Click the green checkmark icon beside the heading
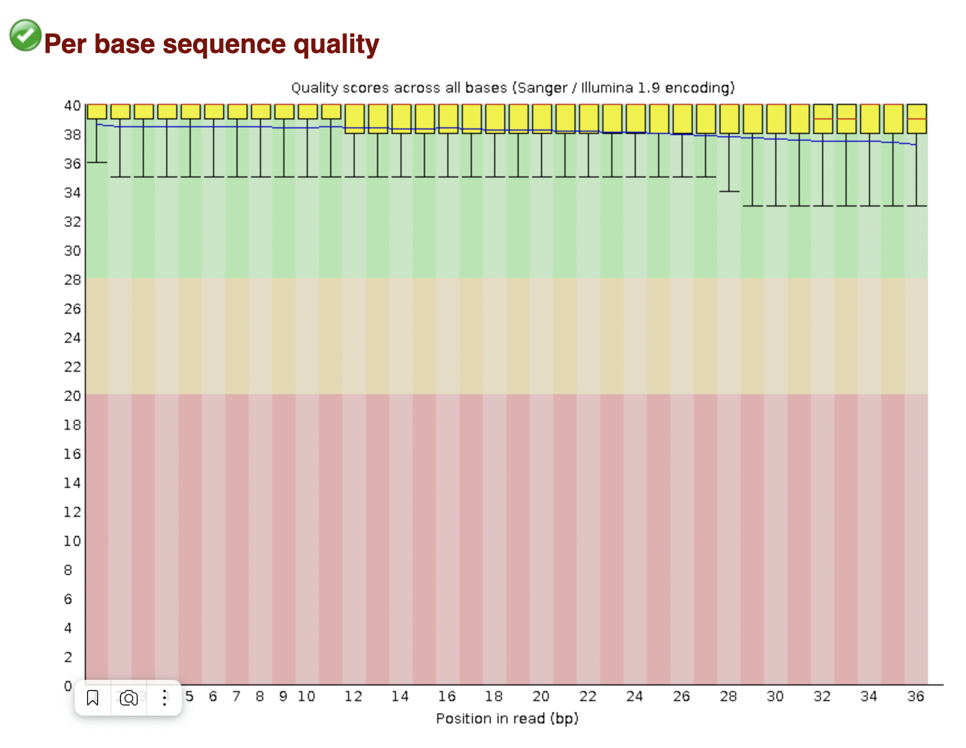coord(25,35)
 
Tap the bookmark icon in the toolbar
coord(93,698)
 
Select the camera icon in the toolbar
coord(129,698)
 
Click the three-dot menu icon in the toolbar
coord(165,698)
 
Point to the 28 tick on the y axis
coord(73,280)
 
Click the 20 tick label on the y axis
coord(73,396)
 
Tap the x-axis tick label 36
coord(915,696)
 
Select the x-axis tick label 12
coord(353,696)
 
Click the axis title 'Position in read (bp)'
coord(507,718)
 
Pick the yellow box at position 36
coord(916,118)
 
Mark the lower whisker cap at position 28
coord(729,191)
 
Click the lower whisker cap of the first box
coord(97,162)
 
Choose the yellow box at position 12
coord(354,118)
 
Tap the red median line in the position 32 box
coord(823,119)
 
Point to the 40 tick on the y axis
coord(73,106)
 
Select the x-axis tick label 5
coord(190,696)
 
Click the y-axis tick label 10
coord(73,541)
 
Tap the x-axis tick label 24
coord(634,696)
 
